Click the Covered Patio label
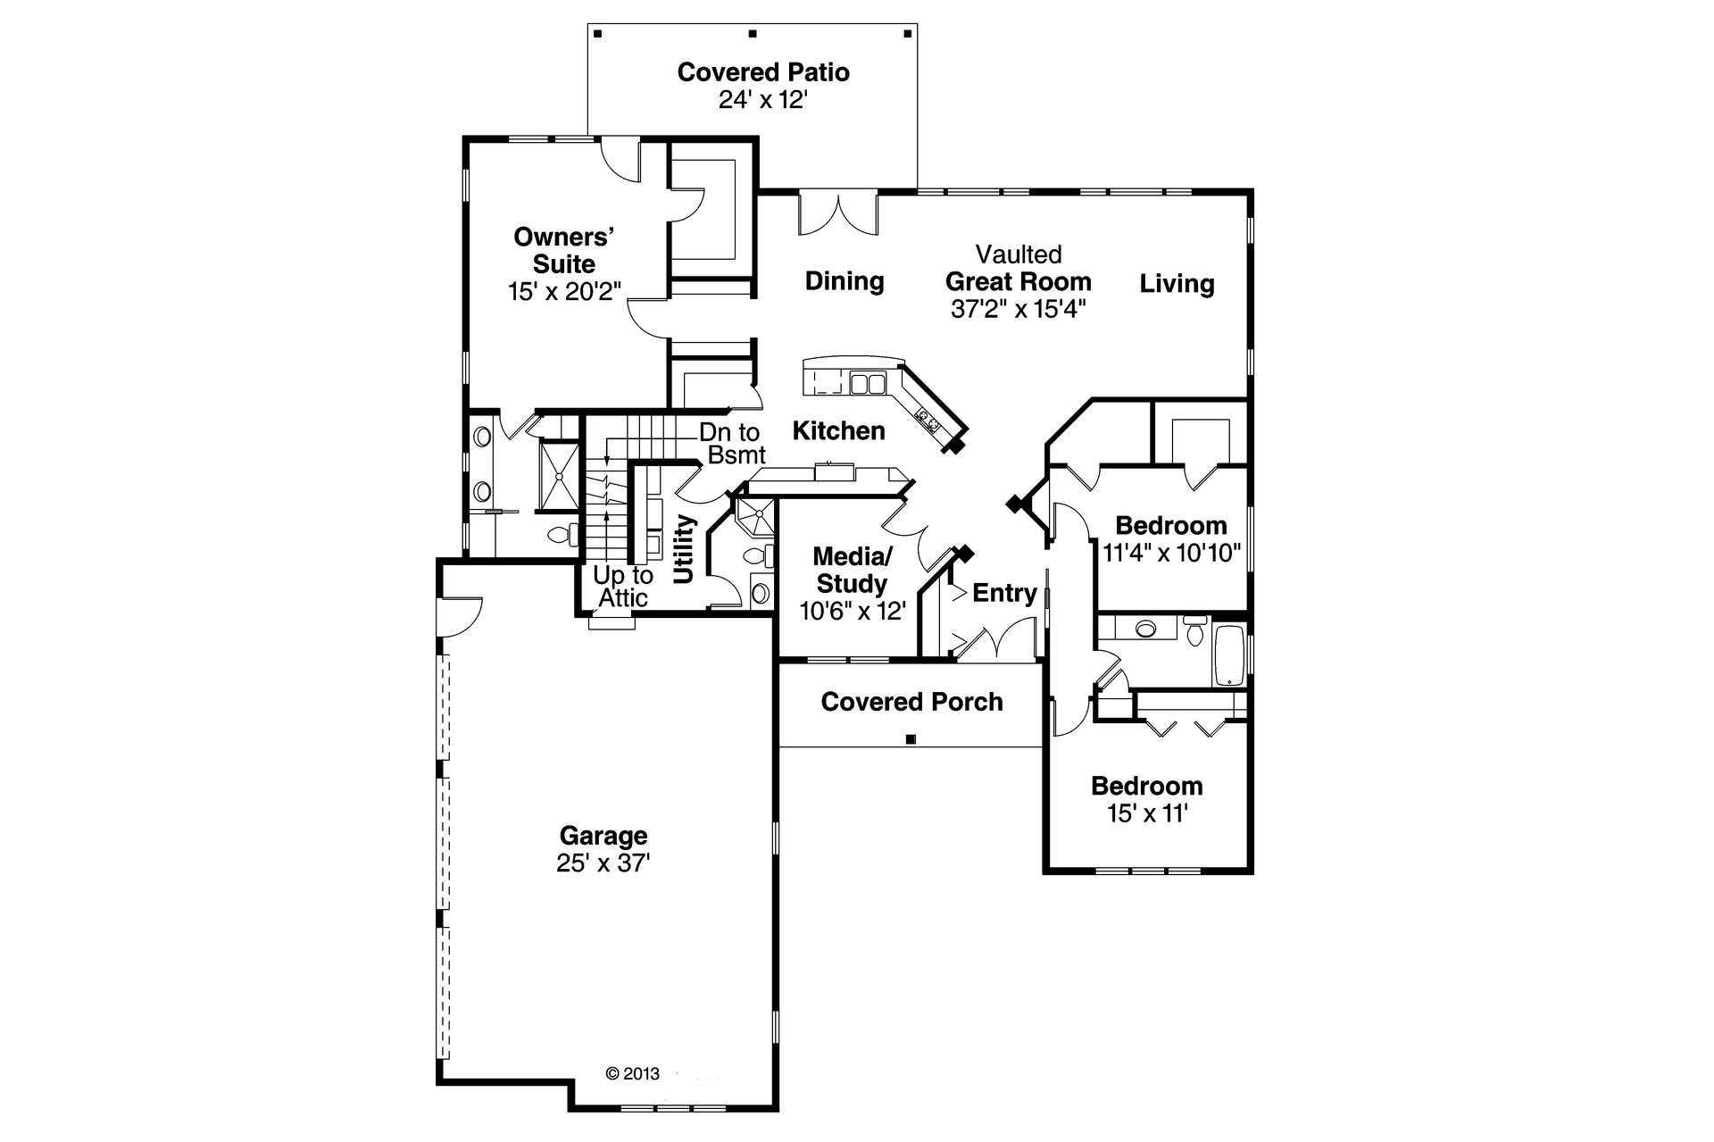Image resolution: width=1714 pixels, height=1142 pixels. coord(763,72)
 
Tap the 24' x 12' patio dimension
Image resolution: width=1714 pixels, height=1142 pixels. coord(763,100)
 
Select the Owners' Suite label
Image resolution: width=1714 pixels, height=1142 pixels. coord(563,251)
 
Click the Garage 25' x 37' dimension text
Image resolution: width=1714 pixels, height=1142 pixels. coord(603,863)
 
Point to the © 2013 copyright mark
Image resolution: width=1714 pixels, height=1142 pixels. coord(632,1073)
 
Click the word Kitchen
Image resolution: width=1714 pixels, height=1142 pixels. coord(838,431)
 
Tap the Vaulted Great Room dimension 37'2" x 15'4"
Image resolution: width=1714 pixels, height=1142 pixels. coord(1018,310)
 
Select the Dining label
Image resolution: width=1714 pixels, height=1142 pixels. coord(845,281)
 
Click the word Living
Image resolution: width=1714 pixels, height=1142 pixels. coord(1177,284)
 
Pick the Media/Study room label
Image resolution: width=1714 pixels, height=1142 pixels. coord(852,571)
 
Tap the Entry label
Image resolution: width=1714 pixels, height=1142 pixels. coord(1004,593)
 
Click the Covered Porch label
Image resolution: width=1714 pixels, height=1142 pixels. coord(911,702)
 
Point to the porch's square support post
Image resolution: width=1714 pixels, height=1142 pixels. coord(911,739)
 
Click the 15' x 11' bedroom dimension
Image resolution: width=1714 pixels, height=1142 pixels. coord(1147,814)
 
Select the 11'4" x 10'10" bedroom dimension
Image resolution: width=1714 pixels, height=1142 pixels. coord(1171,554)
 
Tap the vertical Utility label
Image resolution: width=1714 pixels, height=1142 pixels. coord(684,548)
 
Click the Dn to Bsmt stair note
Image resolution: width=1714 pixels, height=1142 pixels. coord(731,444)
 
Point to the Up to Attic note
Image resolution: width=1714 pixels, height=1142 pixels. coord(623,587)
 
